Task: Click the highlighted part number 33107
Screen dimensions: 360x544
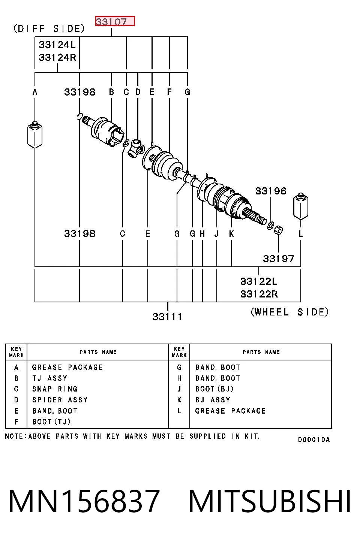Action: tap(111, 22)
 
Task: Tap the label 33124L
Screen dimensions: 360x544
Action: tap(57, 45)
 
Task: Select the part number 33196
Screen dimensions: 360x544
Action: tap(271, 191)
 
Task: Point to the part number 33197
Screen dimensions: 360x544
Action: tap(279, 259)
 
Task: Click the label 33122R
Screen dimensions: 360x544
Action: tap(259, 294)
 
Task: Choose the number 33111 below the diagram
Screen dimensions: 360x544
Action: tap(167, 317)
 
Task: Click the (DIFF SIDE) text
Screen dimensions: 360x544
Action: tap(49, 28)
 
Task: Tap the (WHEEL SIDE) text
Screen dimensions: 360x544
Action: tap(290, 312)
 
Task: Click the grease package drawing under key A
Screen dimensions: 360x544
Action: tap(35, 135)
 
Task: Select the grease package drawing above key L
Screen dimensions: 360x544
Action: tap(301, 206)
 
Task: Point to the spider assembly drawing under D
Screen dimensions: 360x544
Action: tap(136, 148)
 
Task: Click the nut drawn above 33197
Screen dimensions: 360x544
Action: tap(279, 230)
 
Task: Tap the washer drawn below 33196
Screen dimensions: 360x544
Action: tap(270, 226)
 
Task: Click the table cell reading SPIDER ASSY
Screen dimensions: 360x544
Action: tap(60, 400)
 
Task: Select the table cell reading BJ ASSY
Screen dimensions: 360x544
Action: tap(213, 400)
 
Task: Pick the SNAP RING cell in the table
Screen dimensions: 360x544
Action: tap(55, 389)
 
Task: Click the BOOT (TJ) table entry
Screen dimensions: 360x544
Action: tap(51, 421)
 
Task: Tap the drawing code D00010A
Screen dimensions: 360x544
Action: tap(314, 440)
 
